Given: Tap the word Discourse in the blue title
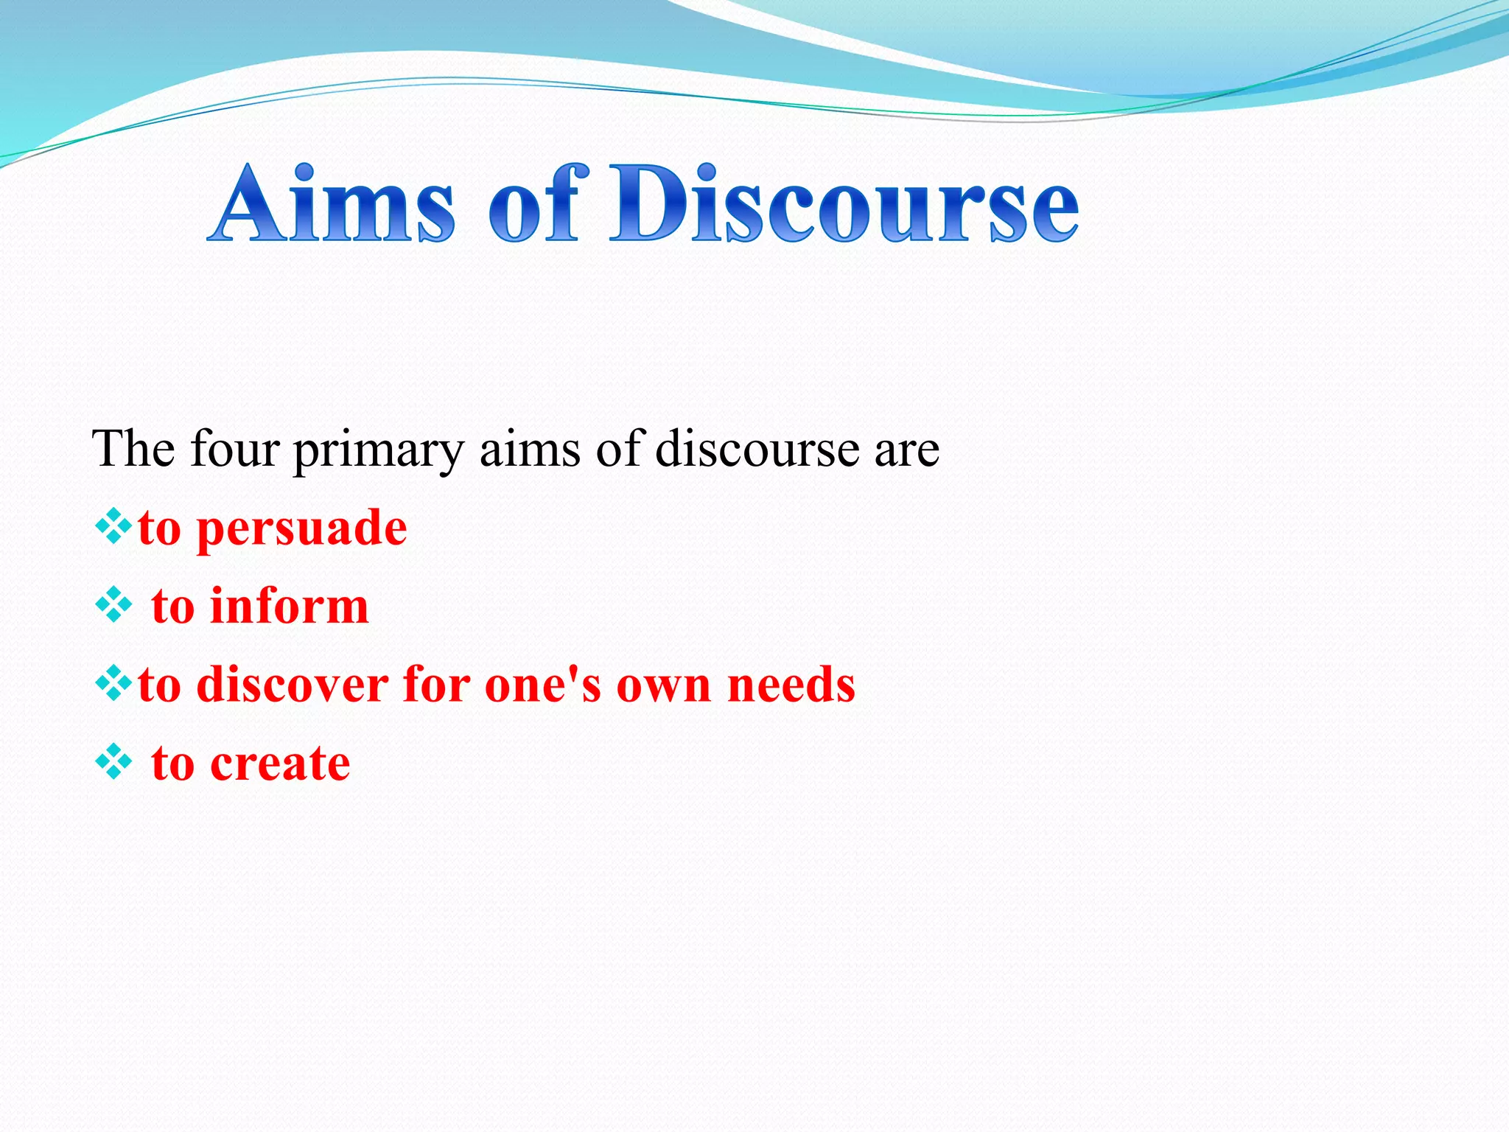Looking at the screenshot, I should (844, 204).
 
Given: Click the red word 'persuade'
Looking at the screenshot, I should (302, 529).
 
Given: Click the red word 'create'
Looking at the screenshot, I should (280, 763).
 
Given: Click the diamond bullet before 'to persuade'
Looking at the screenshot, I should (113, 527).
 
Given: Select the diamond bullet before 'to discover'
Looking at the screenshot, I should (113, 683).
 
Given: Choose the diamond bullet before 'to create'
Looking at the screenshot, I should (113, 762).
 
